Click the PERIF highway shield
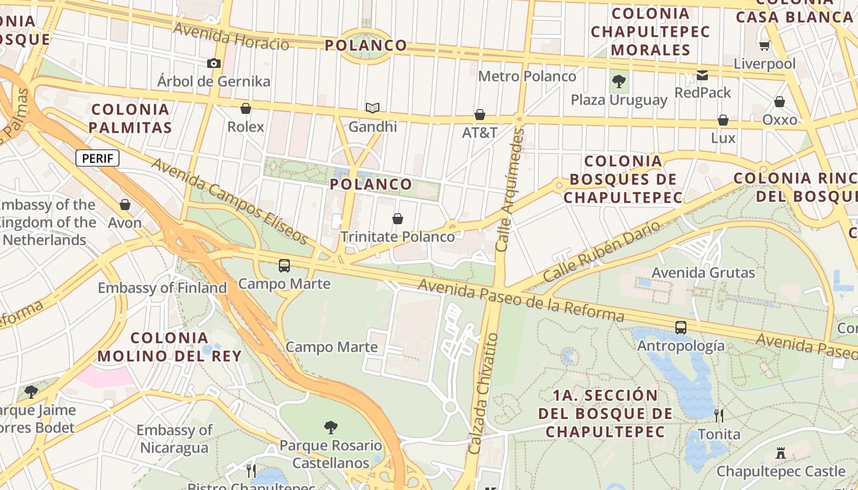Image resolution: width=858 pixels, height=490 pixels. pyautogui.click(x=97, y=159)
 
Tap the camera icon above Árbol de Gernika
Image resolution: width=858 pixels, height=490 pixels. pyautogui.click(x=214, y=63)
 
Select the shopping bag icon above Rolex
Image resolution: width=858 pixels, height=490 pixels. pyautogui.click(x=246, y=108)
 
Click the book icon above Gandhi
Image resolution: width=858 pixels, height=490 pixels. pyautogui.click(x=373, y=108)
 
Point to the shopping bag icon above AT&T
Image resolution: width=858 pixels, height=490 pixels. pyautogui.click(x=480, y=115)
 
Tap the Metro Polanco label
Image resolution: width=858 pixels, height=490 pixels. pyautogui.click(x=527, y=77)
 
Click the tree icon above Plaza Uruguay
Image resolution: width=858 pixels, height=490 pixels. pyautogui.click(x=619, y=81)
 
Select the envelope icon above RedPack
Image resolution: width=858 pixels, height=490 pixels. pyautogui.click(x=702, y=75)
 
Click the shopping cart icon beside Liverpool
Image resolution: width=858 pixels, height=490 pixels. pyautogui.click(x=764, y=45)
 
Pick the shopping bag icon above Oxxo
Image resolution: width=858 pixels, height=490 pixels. pyautogui.click(x=780, y=102)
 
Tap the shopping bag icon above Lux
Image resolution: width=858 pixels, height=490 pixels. pyautogui.click(x=723, y=120)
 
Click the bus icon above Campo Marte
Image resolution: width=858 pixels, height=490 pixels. pyautogui.click(x=284, y=266)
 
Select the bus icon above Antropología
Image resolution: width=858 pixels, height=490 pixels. pyautogui.click(x=681, y=328)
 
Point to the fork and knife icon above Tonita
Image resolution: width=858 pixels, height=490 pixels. pyautogui.click(x=719, y=416)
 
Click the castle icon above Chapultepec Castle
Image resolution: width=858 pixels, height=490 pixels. pyautogui.click(x=781, y=453)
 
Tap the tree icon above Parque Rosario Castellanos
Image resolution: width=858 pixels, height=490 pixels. pyautogui.click(x=331, y=427)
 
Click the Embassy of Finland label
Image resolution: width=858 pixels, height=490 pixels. pyautogui.click(x=162, y=288)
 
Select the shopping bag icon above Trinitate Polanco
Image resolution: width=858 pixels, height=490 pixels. pyautogui.click(x=398, y=219)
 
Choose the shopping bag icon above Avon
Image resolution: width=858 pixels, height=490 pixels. pyautogui.click(x=125, y=205)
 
